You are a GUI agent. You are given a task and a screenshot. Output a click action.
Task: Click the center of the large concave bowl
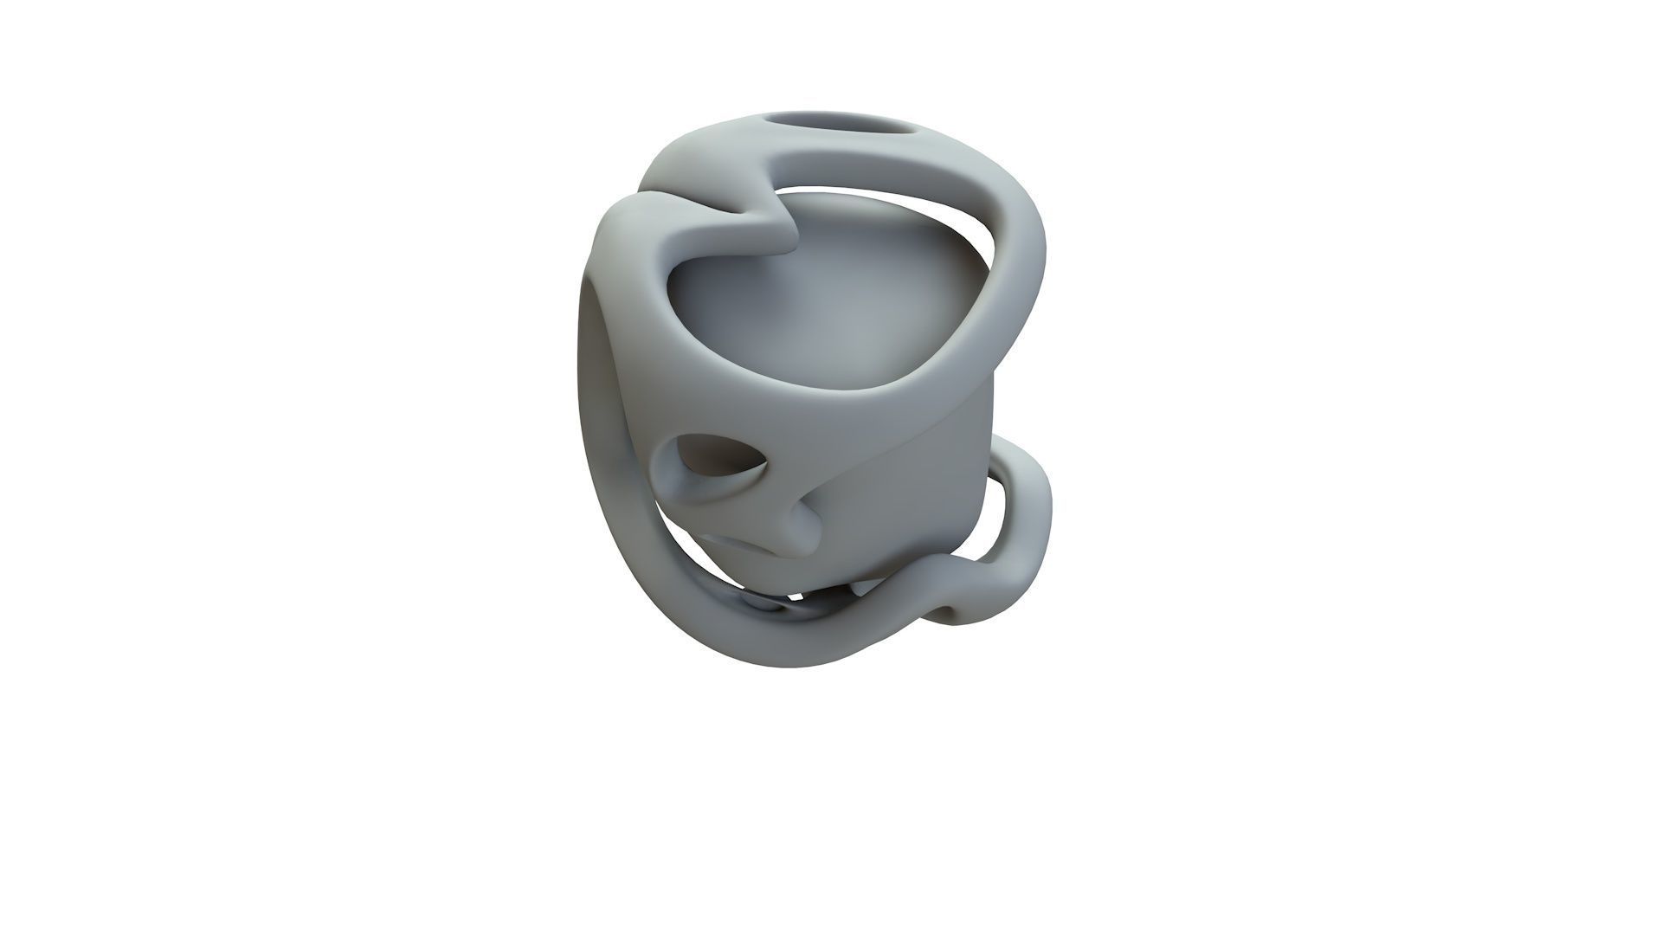[x=831, y=320]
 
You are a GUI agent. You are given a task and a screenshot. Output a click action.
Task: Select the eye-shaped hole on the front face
[x=718, y=462]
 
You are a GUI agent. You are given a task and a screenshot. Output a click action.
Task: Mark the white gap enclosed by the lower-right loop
[x=1008, y=519]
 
